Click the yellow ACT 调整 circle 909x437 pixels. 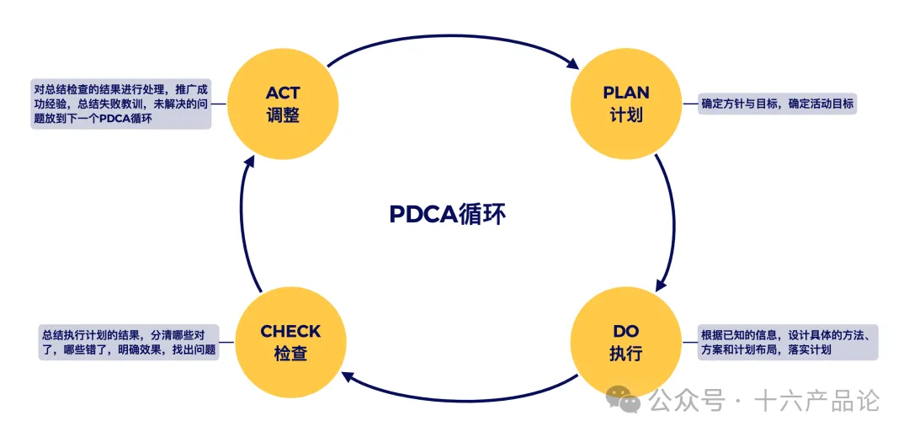click(x=283, y=104)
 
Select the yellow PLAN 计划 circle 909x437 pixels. click(x=625, y=104)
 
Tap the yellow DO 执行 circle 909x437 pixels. click(x=625, y=342)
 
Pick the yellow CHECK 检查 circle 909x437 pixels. click(x=290, y=342)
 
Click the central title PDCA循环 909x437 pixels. click(x=447, y=214)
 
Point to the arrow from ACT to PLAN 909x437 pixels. click(x=454, y=38)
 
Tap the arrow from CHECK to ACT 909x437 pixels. click(x=240, y=223)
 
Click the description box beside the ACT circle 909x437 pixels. click(x=118, y=104)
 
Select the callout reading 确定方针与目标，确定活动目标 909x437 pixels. click(x=778, y=104)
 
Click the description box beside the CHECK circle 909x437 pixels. click(x=128, y=342)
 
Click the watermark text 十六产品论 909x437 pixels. click(x=817, y=402)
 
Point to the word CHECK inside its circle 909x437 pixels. click(x=290, y=332)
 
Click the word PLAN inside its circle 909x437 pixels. click(x=626, y=93)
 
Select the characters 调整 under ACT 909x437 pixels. click(x=283, y=115)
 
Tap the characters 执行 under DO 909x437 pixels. click(x=625, y=354)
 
